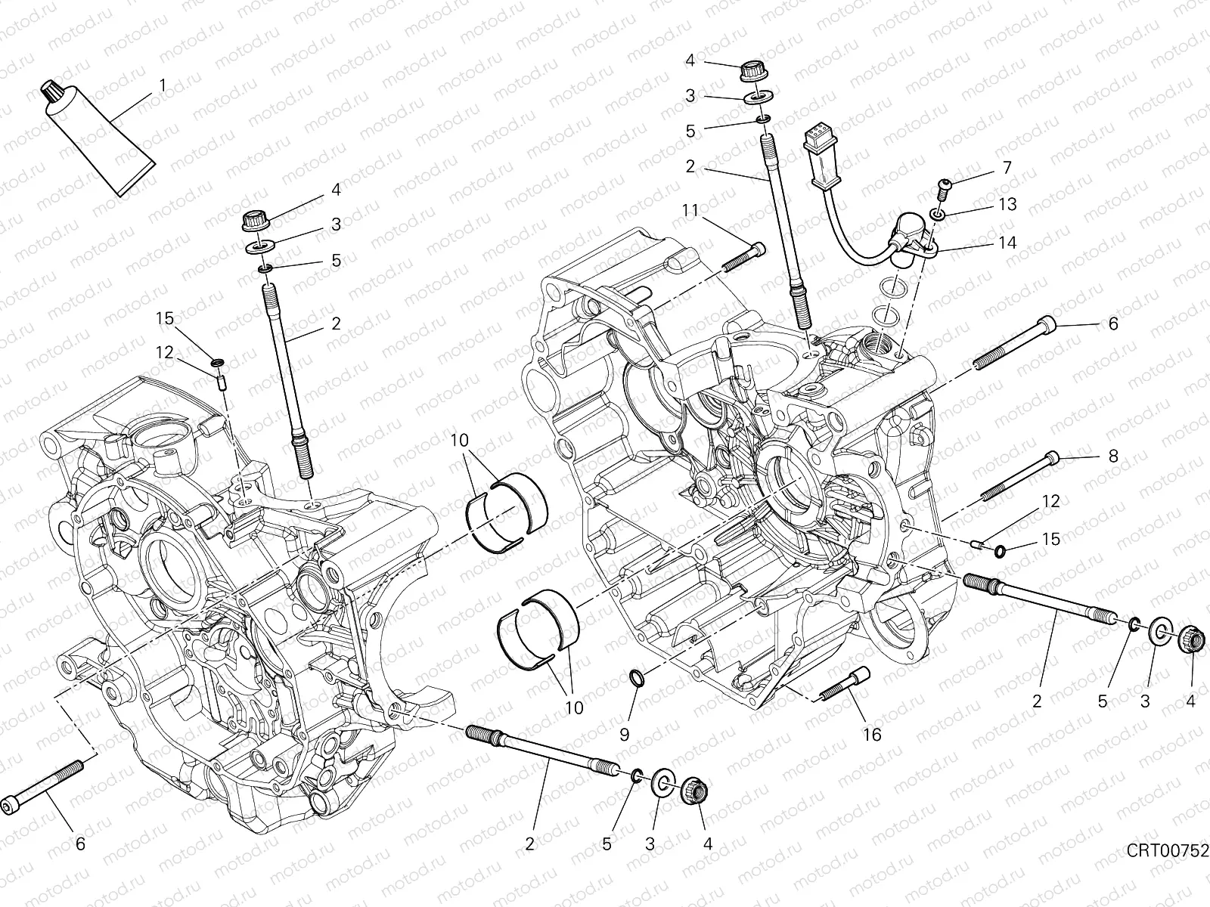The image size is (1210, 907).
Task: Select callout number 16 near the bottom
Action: pos(872,734)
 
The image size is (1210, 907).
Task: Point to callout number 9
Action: pos(624,734)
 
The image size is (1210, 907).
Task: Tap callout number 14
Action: pos(1007,243)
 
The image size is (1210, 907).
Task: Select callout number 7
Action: pos(1007,167)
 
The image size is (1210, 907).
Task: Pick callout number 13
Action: pos(1007,204)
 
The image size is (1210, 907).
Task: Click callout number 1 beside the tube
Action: pos(161,85)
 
